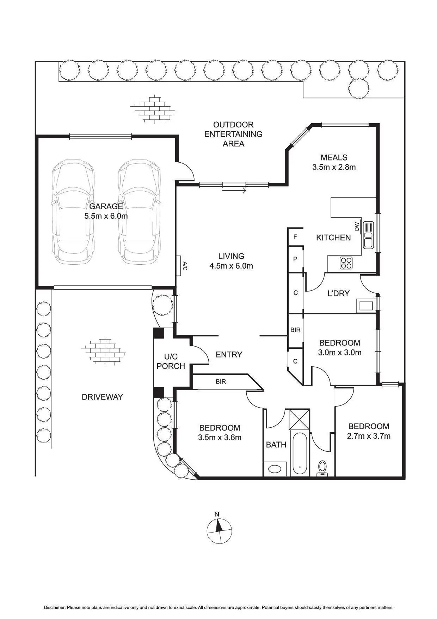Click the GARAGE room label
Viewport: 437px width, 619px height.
[106, 206]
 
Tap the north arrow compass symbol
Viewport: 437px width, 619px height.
[219, 531]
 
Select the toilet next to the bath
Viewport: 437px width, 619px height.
[322, 469]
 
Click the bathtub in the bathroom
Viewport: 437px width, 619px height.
[300, 454]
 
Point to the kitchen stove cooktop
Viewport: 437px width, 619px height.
[346, 263]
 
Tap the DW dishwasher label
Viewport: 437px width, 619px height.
[357, 226]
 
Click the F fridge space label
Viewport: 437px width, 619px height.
[295, 237]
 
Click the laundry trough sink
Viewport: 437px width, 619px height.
[366, 305]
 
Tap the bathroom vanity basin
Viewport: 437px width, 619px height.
[275, 469]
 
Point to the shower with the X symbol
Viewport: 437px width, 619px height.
[299, 419]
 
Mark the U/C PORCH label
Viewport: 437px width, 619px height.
[171, 361]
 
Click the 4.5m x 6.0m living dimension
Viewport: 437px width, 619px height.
[231, 266]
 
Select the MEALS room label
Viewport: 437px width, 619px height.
[334, 157]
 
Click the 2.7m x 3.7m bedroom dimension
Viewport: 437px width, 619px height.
[369, 436]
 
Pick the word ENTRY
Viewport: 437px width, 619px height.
[229, 354]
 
